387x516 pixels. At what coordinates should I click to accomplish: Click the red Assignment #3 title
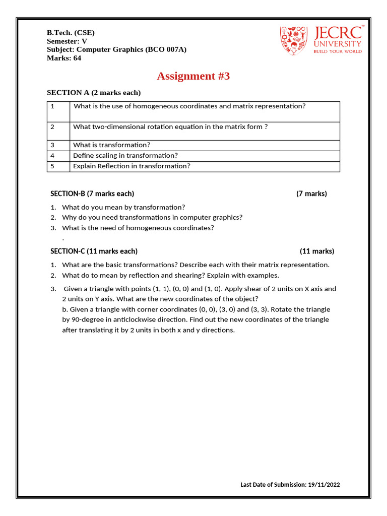coord(193,76)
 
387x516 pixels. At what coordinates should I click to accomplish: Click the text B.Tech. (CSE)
coord(71,33)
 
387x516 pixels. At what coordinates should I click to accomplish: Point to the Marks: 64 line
coord(64,58)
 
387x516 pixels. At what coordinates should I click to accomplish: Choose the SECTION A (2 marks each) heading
coord(94,93)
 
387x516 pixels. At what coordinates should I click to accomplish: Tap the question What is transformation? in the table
coord(112,145)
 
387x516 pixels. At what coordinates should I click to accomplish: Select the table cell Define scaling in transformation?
coord(125,156)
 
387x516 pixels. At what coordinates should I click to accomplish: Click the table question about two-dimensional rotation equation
coord(170,127)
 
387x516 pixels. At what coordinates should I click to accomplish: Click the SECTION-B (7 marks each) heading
coord(92,194)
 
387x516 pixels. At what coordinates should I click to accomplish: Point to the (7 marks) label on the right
coord(311,194)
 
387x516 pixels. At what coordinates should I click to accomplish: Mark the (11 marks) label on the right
coord(317,251)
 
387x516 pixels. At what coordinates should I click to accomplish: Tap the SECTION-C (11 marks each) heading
coord(94,251)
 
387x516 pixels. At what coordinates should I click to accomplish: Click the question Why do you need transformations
coord(152,218)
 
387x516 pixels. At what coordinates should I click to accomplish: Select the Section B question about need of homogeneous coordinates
coord(138,228)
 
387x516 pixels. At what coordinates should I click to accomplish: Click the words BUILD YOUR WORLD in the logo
coord(338,51)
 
